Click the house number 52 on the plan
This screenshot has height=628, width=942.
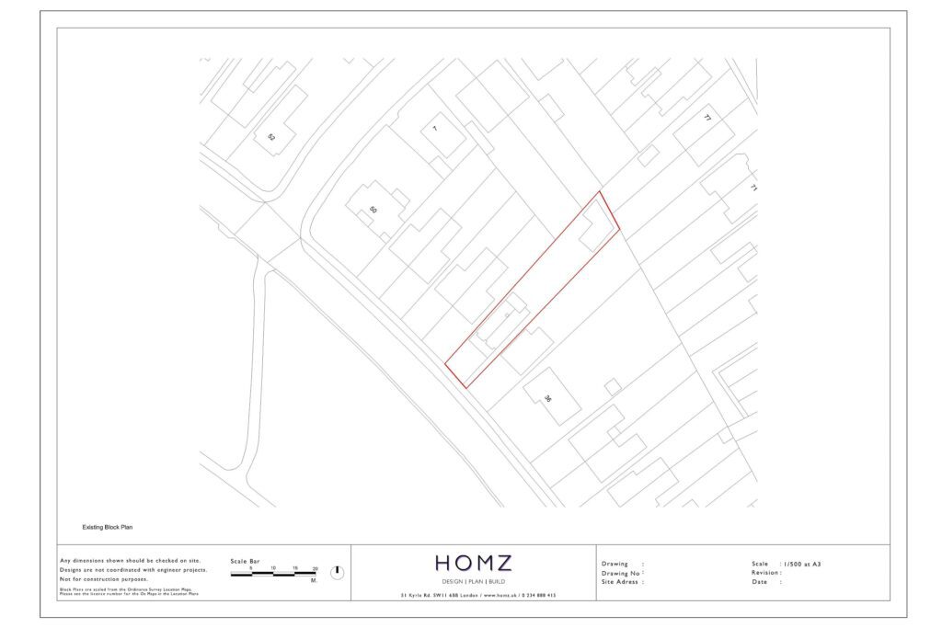(x=271, y=137)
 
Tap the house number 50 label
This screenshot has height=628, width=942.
(x=373, y=210)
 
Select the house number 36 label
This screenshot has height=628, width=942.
(x=547, y=399)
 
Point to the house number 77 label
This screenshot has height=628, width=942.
(x=707, y=119)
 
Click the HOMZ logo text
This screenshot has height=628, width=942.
(x=474, y=563)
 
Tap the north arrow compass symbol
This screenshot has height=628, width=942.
(x=337, y=572)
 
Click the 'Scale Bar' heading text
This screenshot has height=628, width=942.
(x=245, y=561)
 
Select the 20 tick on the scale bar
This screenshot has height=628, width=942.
(x=315, y=568)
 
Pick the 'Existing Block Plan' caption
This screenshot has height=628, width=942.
(x=109, y=528)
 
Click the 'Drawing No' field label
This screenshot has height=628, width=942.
(x=621, y=573)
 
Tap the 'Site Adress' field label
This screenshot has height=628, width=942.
(x=621, y=582)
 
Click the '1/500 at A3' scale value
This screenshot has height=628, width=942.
(x=801, y=563)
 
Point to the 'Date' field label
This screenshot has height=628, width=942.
(x=759, y=582)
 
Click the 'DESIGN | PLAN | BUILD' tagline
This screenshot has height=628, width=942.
(x=474, y=583)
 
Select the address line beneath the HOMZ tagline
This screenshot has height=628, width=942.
(x=477, y=596)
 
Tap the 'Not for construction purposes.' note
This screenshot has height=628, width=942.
(x=103, y=579)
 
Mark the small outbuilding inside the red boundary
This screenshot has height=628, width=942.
(x=596, y=226)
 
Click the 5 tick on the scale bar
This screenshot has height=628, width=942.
(x=250, y=568)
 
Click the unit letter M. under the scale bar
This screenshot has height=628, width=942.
(x=314, y=581)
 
